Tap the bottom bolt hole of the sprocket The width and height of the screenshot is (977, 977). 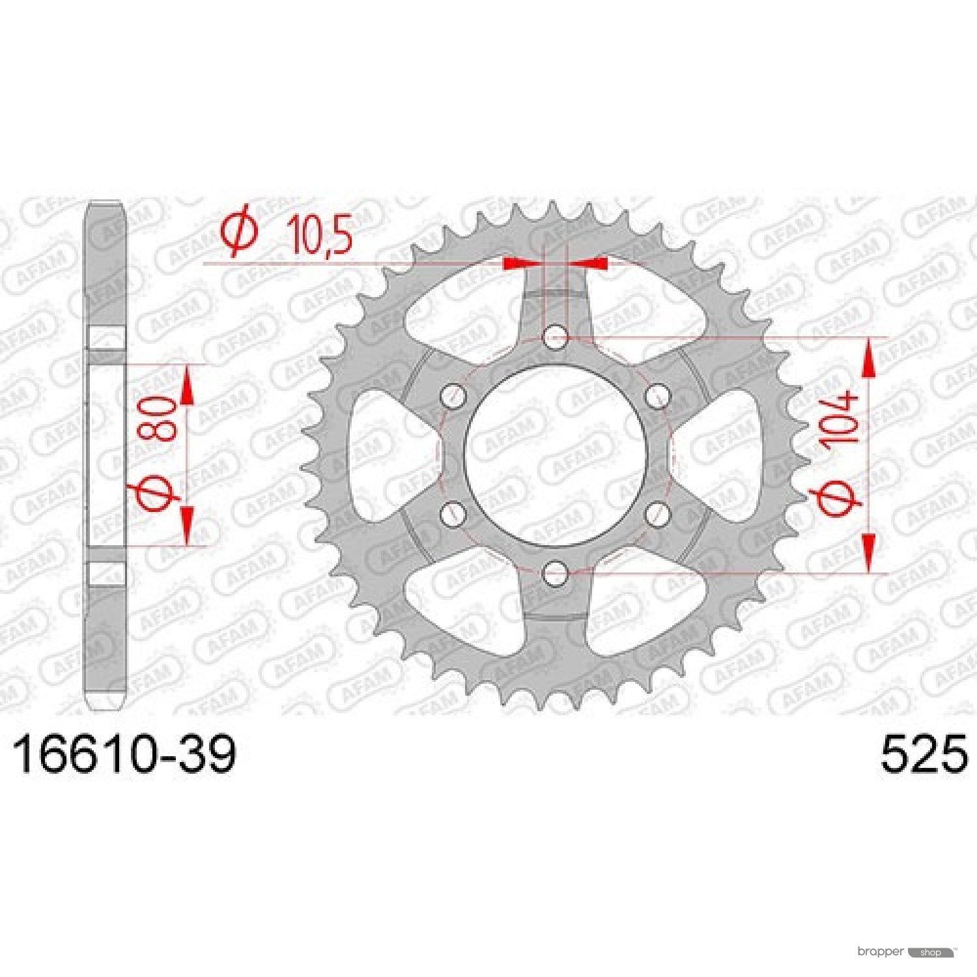point(555,573)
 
